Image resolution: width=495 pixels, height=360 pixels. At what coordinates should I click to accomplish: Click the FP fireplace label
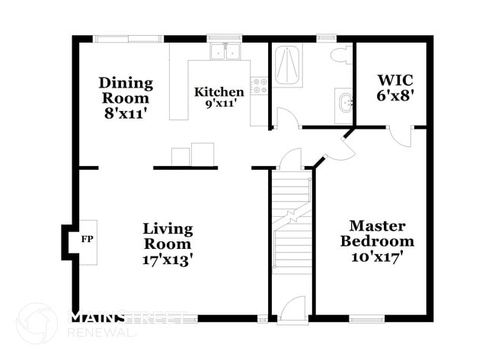(x=85, y=238)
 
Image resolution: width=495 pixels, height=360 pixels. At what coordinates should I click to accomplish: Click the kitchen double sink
(x=225, y=52)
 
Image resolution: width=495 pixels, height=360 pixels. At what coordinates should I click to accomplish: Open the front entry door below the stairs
(x=292, y=310)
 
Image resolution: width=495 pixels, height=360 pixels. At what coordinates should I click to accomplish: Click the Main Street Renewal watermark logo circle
(x=36, y=323)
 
